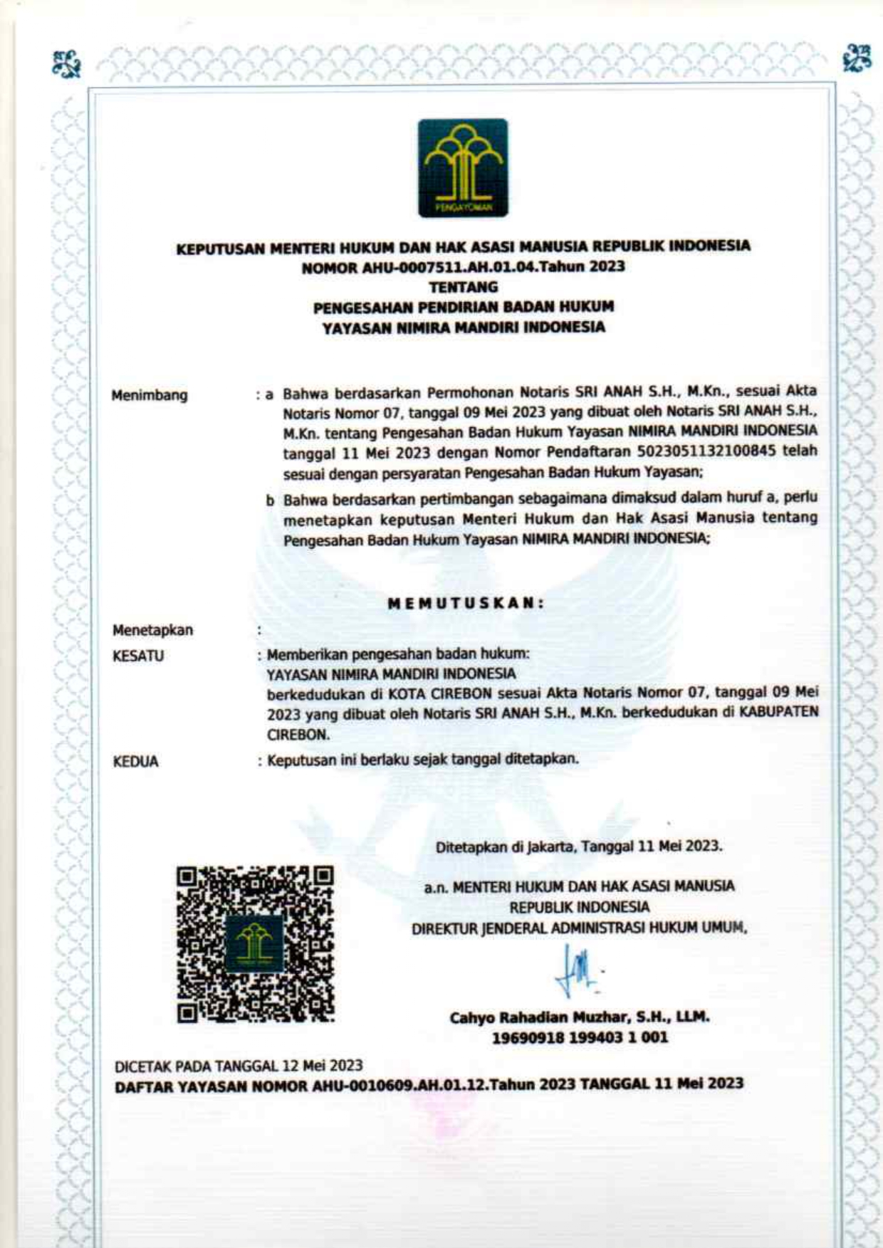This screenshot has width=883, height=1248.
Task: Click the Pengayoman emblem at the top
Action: tap(463, 168)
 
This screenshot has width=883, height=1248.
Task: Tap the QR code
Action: tap(255, 944)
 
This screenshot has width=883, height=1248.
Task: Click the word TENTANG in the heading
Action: tap(463, 287)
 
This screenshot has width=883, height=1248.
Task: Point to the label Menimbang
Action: tap(150, 395)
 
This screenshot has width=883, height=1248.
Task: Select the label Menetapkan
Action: tap(152, 630)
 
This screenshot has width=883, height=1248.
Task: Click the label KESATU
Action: tap(138, 656)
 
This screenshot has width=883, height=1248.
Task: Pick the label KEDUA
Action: tap(135, 762)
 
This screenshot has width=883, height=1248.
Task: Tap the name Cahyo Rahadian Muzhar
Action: tap(541, 1017)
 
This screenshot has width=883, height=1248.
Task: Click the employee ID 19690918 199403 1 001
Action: tap(580, 1038)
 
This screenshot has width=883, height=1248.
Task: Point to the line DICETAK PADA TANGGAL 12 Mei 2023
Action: tap(239, 1066)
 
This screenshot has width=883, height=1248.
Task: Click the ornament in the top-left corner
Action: tap(68, 63)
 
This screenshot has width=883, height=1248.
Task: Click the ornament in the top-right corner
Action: tap(856, 58)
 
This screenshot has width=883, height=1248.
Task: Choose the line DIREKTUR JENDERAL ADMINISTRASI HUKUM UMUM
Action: tap(579, 928)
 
